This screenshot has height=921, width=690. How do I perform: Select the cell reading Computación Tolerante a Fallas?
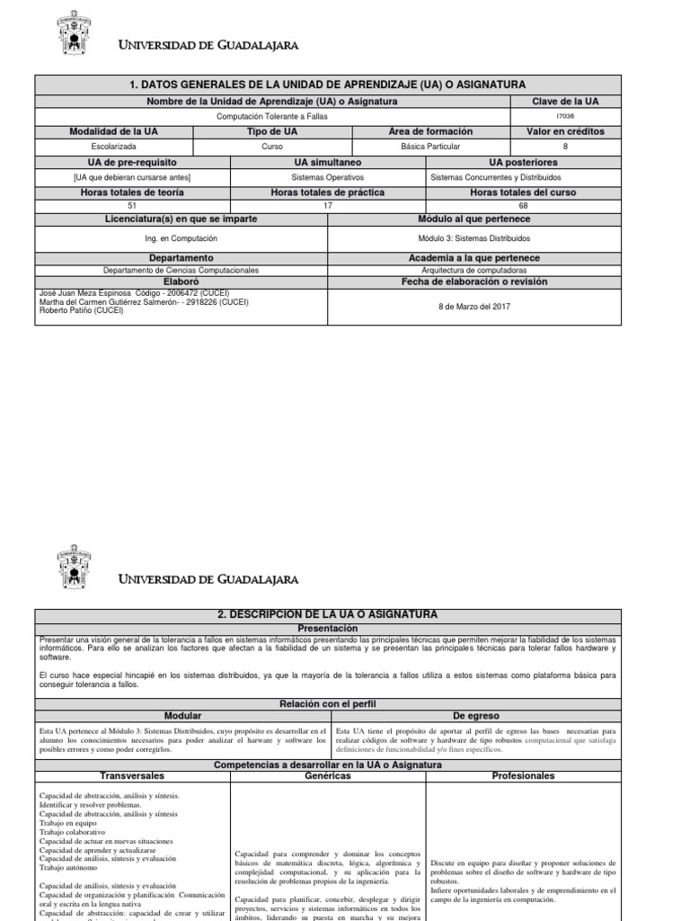(272, 116)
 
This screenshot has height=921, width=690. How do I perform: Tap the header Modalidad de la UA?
(114, 131)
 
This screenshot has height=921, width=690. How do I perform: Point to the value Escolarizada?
(114, 146)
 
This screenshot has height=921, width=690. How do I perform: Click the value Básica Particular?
(431, 146)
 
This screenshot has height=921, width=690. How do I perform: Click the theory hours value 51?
(133, 206)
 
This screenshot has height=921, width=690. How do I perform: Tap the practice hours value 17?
(327, 206)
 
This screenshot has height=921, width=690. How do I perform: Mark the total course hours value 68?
(523, 206)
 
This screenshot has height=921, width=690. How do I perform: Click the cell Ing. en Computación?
(181, 238)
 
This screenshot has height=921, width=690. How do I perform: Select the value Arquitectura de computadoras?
(473, 270)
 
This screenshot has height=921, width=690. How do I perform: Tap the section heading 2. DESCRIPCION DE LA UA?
(327, 614)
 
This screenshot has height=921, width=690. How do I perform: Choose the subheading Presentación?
(327, 629)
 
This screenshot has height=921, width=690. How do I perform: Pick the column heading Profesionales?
(523, 774)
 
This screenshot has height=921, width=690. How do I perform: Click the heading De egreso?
(473, 715)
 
